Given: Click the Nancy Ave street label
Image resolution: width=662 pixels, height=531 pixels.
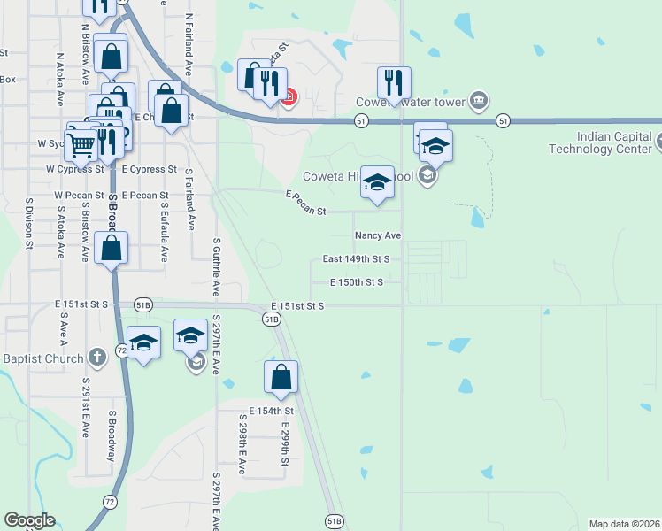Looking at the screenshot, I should (x=378, y=236).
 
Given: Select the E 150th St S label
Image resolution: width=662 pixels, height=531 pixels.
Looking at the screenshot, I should (x=356, y=282).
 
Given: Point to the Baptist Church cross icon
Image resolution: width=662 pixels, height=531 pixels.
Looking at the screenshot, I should (x=97, y=358).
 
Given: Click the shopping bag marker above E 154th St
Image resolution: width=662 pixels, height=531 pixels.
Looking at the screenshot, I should (x=281, y=377).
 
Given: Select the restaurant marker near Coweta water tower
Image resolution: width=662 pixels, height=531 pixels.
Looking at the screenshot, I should (x=393, y=83).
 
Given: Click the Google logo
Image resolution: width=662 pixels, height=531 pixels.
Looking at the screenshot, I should (x=29, y=520).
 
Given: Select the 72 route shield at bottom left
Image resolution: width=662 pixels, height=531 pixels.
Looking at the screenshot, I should (x=109, y=501).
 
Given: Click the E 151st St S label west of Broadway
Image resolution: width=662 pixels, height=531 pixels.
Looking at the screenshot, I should (x=81, y=304).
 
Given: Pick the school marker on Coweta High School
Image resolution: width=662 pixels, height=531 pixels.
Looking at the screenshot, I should (x=378, y=183).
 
